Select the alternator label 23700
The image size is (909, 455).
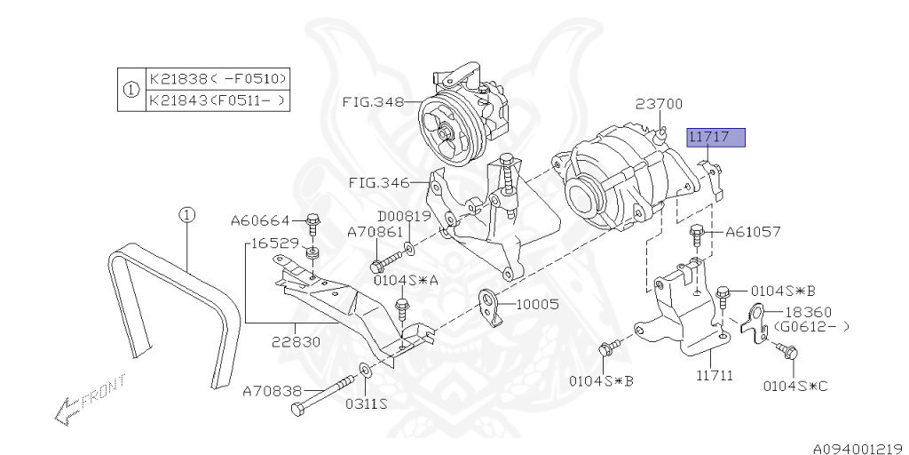659,104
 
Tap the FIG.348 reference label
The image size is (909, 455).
372,101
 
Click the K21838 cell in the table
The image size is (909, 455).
217,77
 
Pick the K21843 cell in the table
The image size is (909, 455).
217,100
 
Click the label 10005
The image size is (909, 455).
537,304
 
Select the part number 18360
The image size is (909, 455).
805,312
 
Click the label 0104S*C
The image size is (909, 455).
795,387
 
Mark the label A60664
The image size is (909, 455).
261,220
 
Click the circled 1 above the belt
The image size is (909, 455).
186,214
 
